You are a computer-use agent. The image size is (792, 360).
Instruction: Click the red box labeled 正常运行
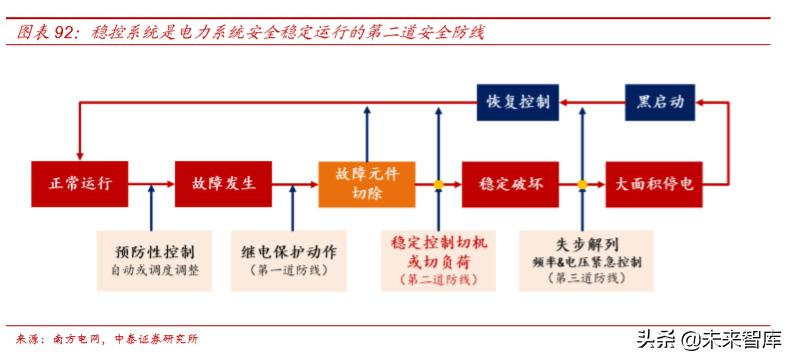click(x=78, y=184)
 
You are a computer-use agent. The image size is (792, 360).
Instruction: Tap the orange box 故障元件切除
click(x=359, y=184)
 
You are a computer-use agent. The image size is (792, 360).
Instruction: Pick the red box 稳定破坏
click(x=510, y=184)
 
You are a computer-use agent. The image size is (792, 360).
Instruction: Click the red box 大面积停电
click(x=654, y=184)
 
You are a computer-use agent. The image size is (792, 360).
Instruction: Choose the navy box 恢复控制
click(x=517, y=102)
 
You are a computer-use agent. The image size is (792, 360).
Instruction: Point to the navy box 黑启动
click(x=661, y=102)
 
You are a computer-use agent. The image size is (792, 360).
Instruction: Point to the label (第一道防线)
click(x=296, y=270)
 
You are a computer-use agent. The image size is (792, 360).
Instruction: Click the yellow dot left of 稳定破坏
click(x=438, y=184)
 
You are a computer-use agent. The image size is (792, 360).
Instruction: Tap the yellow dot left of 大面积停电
click(x=582, y=184)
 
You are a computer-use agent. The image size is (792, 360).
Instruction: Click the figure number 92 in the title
click(x=65, y=33)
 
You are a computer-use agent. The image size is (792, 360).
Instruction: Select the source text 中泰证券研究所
click(x=157, y=338)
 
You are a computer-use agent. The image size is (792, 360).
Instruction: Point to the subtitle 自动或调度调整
click(x=155, y=270)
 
